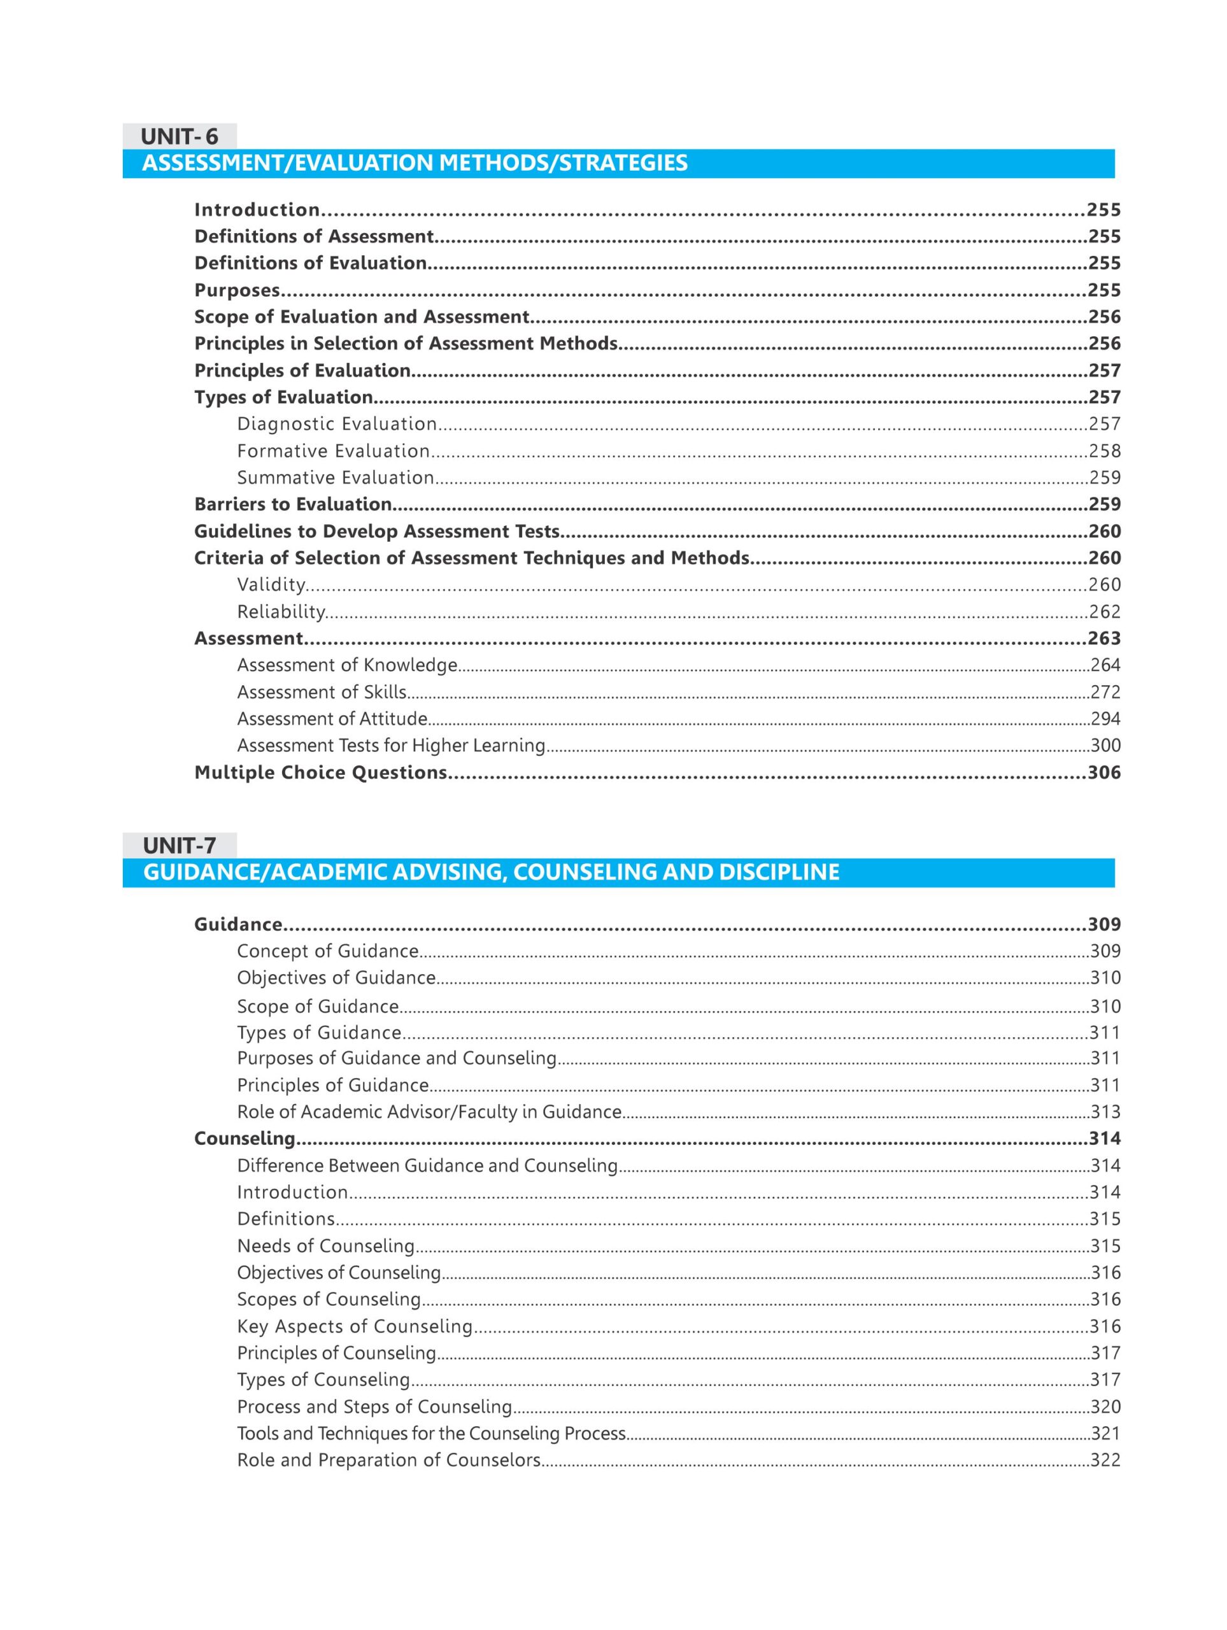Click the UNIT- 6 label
click(x=179, y=136)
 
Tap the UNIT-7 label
click(x=179, y=845)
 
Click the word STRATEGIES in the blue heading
click(x=623, y=163)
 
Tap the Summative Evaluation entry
click(x=336, y=478)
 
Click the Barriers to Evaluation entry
click(x=292, y=504)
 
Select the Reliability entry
click(x=281, y=612)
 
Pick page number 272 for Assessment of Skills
click(x=1105, y=692)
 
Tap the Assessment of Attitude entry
click(x=332, y=718)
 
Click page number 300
click(x=1105, y=745)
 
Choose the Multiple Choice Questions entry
click(x=320, y=772)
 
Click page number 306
click(x=1104, y=772)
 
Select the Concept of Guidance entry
click(x=327, y=951)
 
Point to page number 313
click(x=1105, y=1112)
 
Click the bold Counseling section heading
click(x=244, y=1138)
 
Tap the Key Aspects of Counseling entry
click(x=354, y=1326)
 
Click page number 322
click(x=1105, y=1460)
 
